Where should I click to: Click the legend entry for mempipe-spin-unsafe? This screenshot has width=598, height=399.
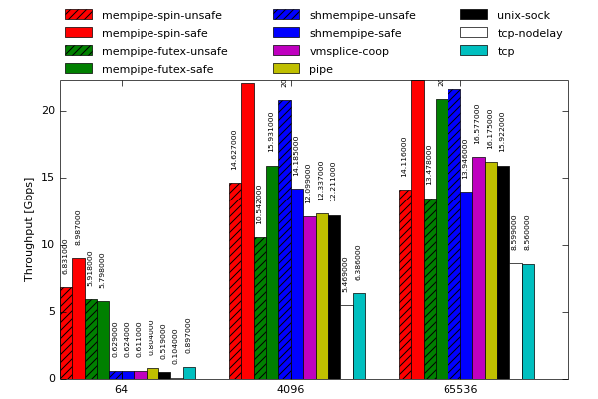tap(161, 15)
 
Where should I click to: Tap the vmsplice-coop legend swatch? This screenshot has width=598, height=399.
tap(286, 51)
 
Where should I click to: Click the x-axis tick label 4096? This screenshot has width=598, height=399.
tap(290, 389)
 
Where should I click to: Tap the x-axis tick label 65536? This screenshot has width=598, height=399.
tap(459, 389)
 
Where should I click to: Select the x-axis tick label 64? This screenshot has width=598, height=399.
tap(121, 389)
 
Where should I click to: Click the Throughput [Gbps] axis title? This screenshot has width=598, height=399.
tap(29, 229)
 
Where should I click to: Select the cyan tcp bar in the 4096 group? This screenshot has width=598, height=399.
tap(359, 336)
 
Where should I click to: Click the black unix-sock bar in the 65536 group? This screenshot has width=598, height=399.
tap(503, 272)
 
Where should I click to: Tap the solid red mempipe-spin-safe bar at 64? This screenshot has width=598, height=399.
tap(78, 319)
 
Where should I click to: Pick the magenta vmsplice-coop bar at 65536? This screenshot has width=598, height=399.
tap(478, 267)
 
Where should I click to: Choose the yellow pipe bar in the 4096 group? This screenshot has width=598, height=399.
tap(322, 296)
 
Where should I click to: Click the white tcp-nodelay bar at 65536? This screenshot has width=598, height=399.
tap(515, 321)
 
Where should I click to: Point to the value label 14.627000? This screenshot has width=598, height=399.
tap(235, 150)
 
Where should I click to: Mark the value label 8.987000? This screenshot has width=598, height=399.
tap(78, 227)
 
